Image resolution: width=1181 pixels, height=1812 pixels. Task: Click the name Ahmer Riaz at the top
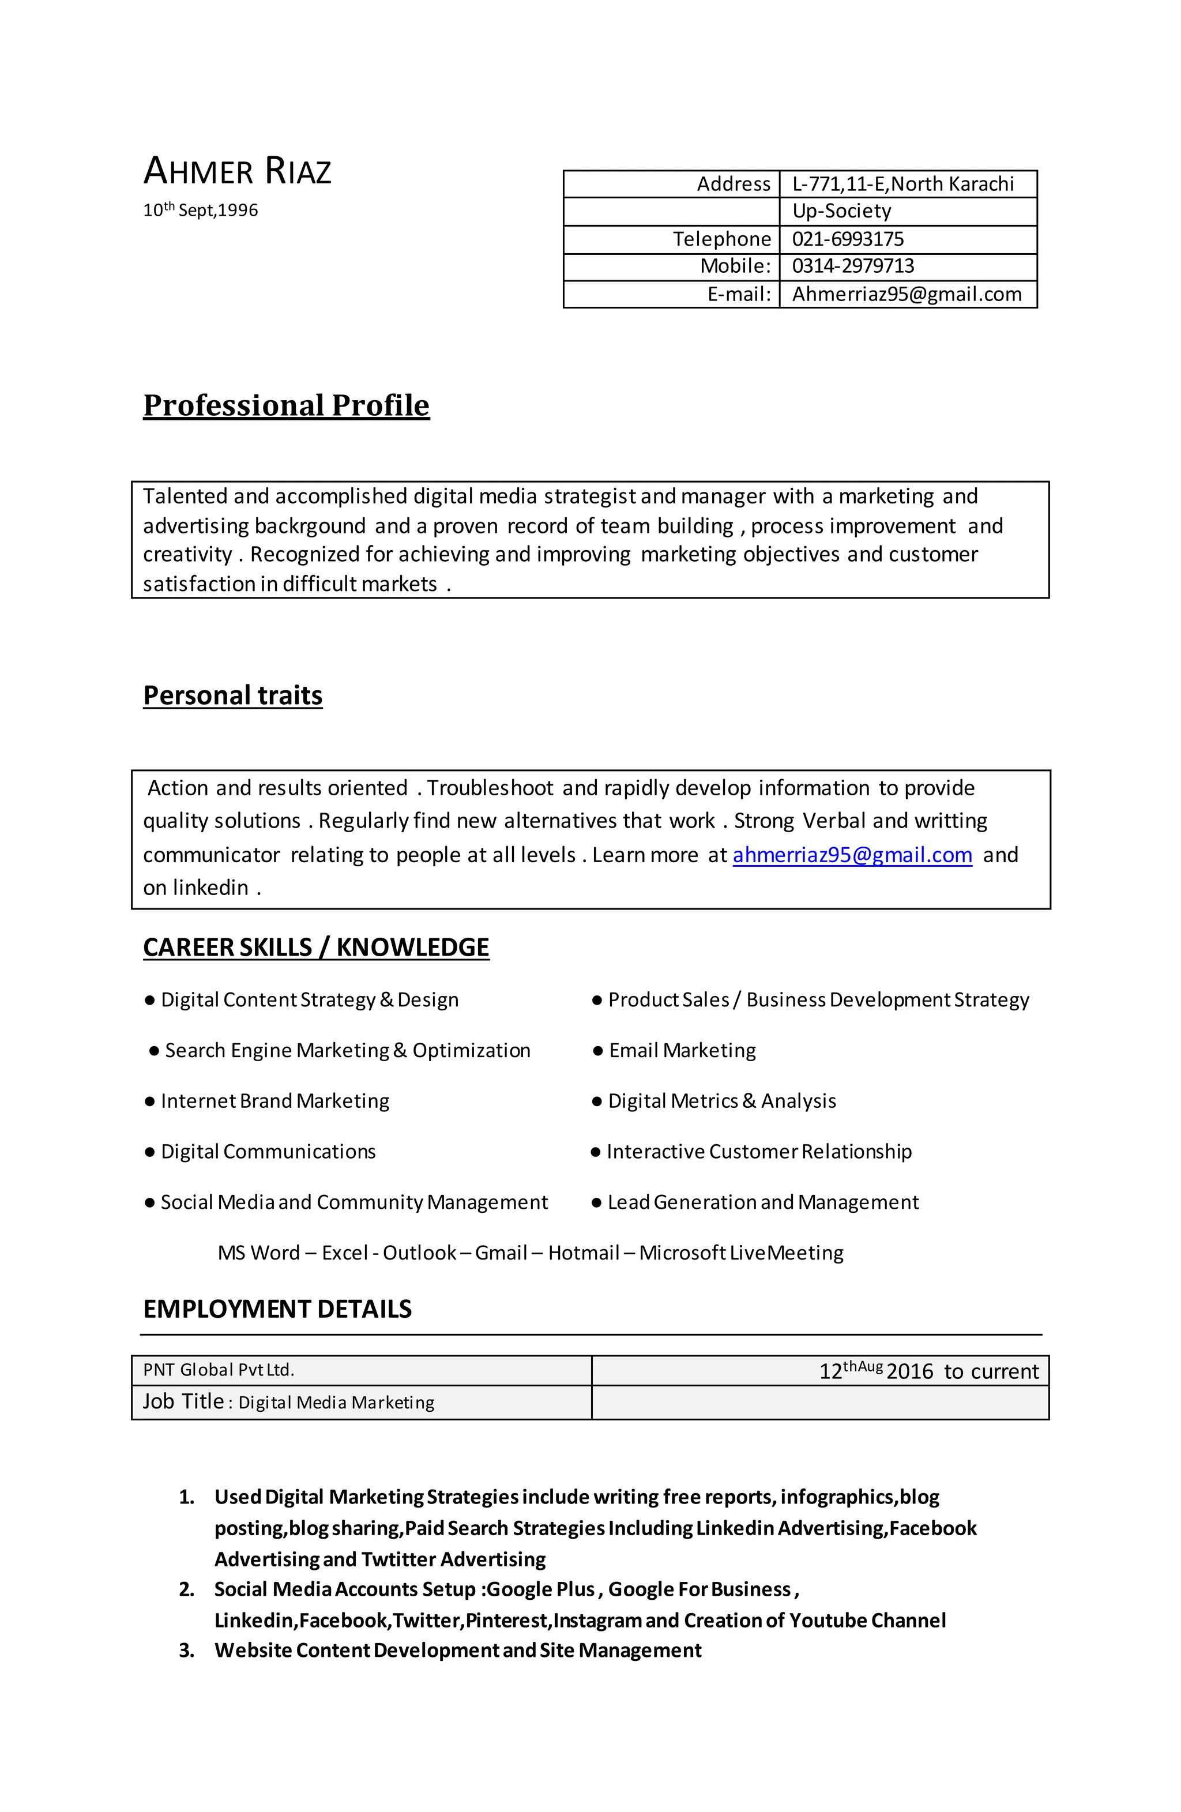click(237, 171)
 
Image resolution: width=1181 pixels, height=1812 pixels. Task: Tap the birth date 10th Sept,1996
click(200, 210)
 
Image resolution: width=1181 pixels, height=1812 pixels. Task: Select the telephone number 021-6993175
click(848, 239)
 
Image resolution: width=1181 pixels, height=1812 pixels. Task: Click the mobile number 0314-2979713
click(853, 266)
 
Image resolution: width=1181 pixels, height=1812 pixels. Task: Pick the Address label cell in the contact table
click(734, 184)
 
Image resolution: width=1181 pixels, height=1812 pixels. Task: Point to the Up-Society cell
click(841, 211)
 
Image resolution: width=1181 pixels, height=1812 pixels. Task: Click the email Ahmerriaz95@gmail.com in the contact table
click(906, 294)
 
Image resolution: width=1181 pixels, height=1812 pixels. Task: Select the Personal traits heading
click(233, 695)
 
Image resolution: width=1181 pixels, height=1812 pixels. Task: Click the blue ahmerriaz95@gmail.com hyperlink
click(852, 855)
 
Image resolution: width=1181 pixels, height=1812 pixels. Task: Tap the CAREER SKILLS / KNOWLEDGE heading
click(316, 947)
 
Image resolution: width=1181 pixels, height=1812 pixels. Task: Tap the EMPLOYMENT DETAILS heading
click(277, 1310)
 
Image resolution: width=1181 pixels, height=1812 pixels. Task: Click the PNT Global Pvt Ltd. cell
click(219, 1370)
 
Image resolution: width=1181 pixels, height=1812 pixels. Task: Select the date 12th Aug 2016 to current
click(928, 1371)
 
